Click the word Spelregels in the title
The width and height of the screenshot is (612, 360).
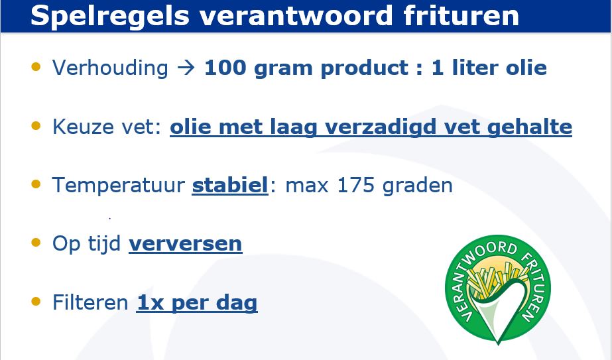tap(109, 17)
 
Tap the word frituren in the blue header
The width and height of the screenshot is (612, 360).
tap(461, 16)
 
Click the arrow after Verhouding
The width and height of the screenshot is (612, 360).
tap(186, 68)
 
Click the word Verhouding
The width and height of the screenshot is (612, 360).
tap(111, 68)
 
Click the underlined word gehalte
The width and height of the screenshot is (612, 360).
tap(530, 127)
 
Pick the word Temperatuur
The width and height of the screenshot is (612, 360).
tap(119, 185)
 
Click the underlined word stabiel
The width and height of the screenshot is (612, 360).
tap(230, 185)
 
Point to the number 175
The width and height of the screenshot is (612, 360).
tap(356, 185)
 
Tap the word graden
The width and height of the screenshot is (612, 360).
tap(418, 186)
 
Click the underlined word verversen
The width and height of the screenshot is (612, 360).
tap(186, 244)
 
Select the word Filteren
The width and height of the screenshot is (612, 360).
tap(90, 302)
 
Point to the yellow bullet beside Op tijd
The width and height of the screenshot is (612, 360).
tap(36, 243)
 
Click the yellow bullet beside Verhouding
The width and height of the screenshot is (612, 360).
tap(36, 67)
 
